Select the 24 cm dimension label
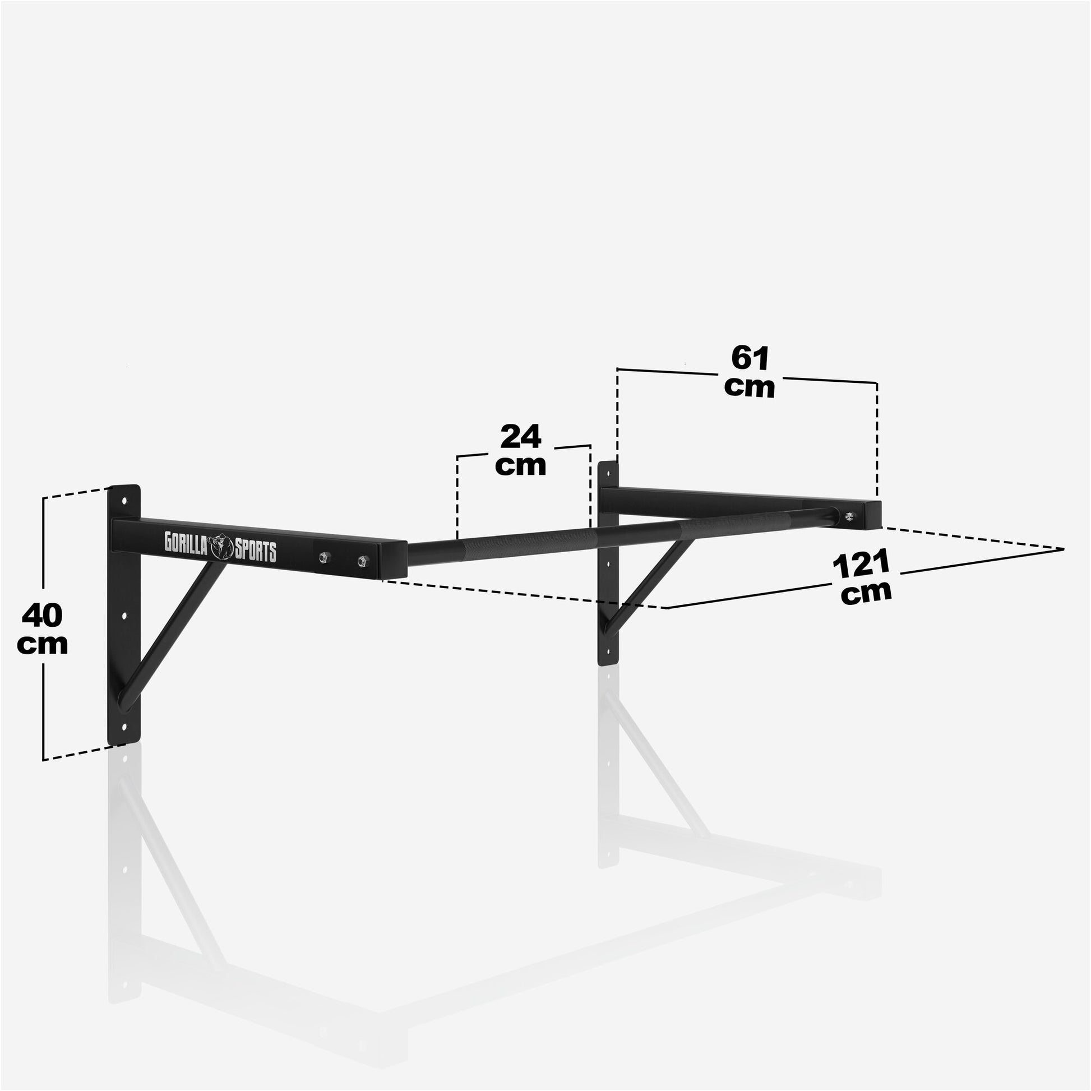tap(521, 450)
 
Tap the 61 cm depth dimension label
tap(750, 372)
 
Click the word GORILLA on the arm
tap(186, 542)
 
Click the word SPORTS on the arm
tap(256, 551)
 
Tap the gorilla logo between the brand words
tap(222, 547)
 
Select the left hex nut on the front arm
tap(324, 557)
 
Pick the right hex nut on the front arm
tap(363, 561)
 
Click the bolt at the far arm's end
tap(848, 515)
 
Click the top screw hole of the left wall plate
tap(124, 501)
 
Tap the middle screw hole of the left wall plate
tap(124, 616)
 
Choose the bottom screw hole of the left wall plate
tap(124, 727)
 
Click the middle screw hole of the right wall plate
tap(608, 563)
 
